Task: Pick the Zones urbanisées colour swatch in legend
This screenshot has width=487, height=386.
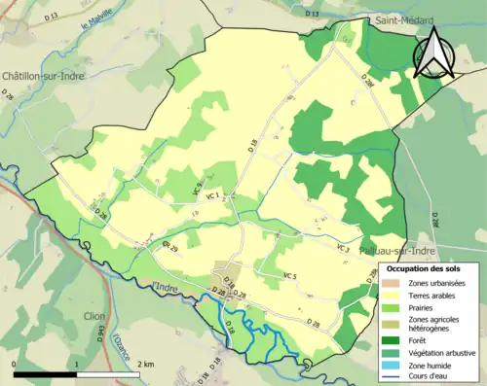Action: pyautogui.click(x=390, y=283)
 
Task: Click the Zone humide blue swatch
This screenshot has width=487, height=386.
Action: pyautogui.click(x=390, y=364)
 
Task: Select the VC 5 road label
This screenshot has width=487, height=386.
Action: pyautogui.click(x=289, y=277)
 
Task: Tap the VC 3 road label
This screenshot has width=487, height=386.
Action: pyautogui.click(x=343, y=249)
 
